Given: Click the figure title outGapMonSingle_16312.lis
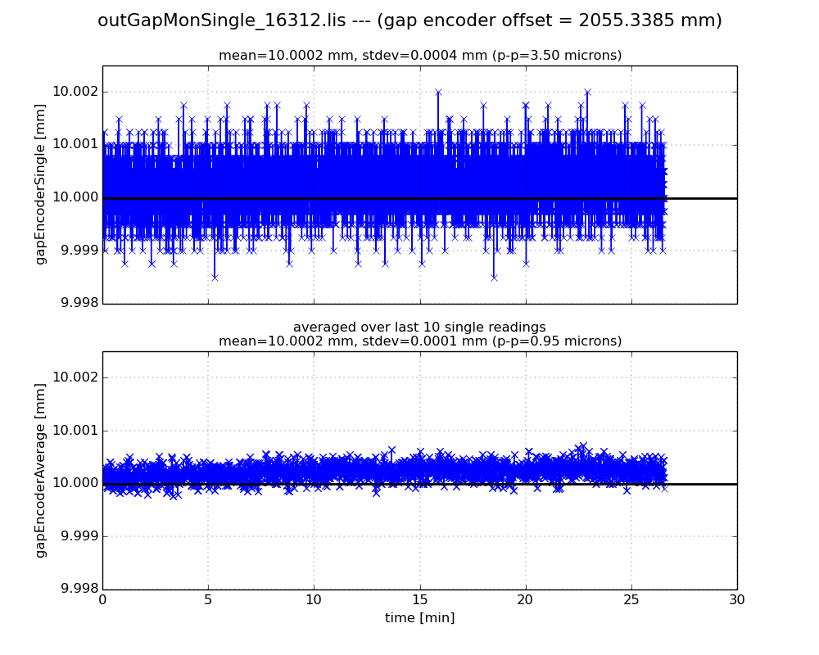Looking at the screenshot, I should click(409, 20).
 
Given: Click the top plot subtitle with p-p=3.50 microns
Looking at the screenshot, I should click(419, 56).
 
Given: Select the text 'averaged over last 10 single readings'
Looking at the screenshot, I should click(419, 327).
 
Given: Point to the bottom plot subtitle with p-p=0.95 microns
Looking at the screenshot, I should click(419, 341).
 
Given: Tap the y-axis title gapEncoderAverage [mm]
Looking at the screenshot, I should click(40, 472).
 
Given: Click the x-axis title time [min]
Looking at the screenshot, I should click(419, 618).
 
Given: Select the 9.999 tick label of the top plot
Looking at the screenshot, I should click(76, 251).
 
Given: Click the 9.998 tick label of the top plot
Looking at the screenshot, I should click(76, 303).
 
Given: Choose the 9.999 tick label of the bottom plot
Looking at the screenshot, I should click(76, 536).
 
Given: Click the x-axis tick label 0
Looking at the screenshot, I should click(102, 600).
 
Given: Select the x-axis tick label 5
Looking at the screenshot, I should click(208, 600).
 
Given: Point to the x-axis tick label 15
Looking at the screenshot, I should click(419, 600).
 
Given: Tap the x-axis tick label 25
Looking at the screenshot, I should click(631, 600).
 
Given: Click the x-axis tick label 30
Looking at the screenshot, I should click(737, 600).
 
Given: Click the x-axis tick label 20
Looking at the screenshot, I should click(526, 600).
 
